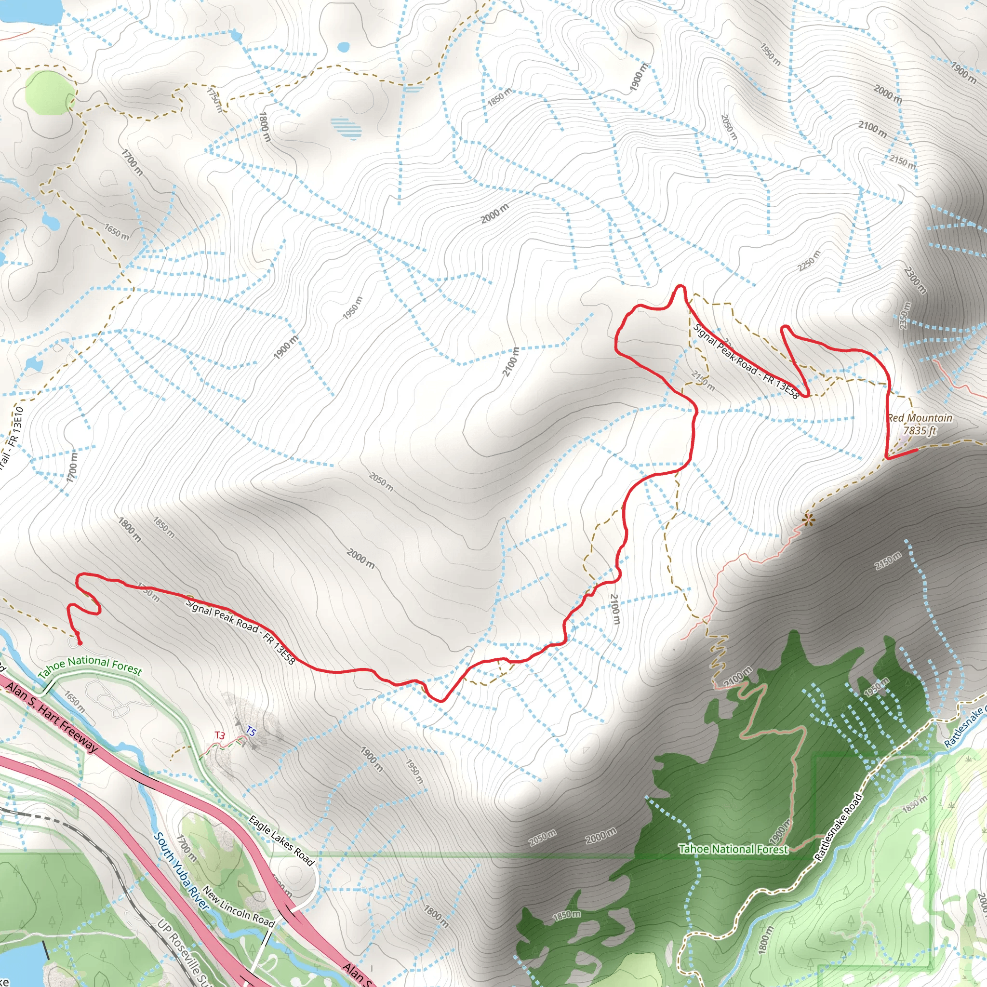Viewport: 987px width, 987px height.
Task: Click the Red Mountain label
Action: pos(920,418)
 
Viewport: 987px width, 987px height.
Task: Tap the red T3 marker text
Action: pos(219,735)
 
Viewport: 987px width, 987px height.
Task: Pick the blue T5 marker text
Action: pos(250,731)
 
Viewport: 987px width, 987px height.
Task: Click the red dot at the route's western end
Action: pos(79,642)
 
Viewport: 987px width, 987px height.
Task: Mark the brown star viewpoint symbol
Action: pos(808,520)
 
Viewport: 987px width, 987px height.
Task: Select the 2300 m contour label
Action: pos(914,280)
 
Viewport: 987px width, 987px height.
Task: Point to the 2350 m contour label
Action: pos(905,315)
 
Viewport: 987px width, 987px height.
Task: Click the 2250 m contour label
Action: pos(809,261)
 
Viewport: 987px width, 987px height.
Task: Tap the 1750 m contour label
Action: pos(215,100)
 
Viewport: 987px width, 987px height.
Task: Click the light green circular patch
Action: pos(50,93)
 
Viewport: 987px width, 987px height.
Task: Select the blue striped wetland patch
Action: pos(346,128)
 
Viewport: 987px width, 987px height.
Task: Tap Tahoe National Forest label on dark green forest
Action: pos(733,849)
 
